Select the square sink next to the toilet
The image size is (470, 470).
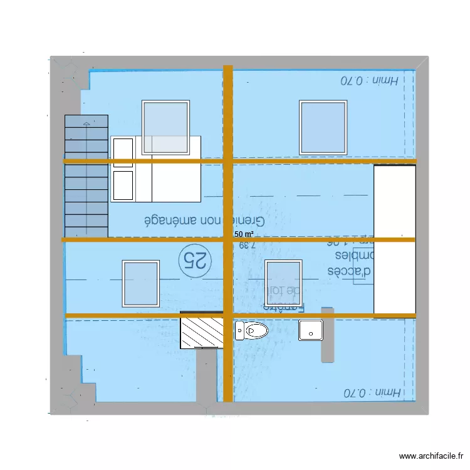(x=311, y=330)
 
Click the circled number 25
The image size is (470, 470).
(x=194, y=259)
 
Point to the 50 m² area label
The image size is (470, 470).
(x=244, y=234)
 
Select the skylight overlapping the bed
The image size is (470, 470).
(x=166, y=127)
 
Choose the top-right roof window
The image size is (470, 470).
(x=323, y=127)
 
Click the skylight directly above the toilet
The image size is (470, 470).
(x=284, y=283)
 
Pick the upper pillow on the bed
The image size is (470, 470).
(x=123, y=152)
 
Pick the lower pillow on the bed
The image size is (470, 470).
(x=123, y=185)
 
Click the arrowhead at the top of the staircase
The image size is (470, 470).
(x=86, y=125)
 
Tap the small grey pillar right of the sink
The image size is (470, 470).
(x=327, y=335)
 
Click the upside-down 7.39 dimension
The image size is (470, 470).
(x=248, y=246)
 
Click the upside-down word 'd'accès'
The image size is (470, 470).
(x=351, y=271)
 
